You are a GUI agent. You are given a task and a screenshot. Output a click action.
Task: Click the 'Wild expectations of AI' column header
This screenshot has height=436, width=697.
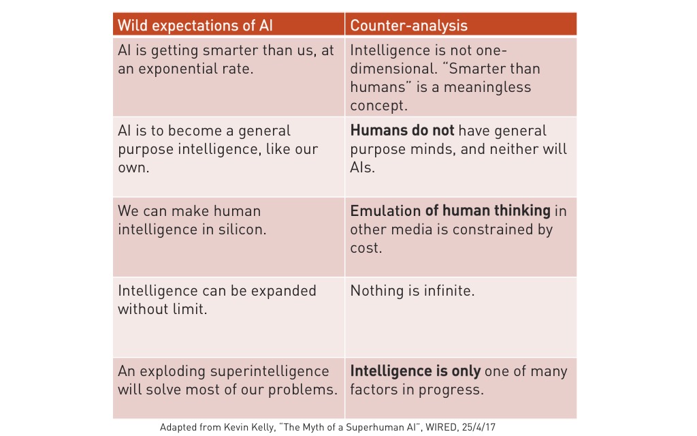point(195,25)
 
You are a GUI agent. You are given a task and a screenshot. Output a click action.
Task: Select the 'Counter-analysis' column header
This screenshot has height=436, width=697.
point(408,25)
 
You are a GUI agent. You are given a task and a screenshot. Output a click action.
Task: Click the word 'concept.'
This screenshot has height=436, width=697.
point(378,106)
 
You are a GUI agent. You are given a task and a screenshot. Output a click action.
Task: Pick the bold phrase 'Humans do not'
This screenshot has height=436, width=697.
point(402,130)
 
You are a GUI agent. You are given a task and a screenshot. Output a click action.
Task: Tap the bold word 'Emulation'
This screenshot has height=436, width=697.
point(385,211)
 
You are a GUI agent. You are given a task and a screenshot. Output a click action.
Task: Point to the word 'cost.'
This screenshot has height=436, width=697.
point(366,248)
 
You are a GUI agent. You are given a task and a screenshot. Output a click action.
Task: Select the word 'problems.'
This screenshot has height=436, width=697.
point(303,390)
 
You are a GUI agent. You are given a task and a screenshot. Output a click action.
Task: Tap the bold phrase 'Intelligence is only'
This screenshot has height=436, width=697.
point(415,371)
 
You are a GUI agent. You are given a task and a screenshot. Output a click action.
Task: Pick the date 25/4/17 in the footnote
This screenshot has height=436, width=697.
point(479,427)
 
